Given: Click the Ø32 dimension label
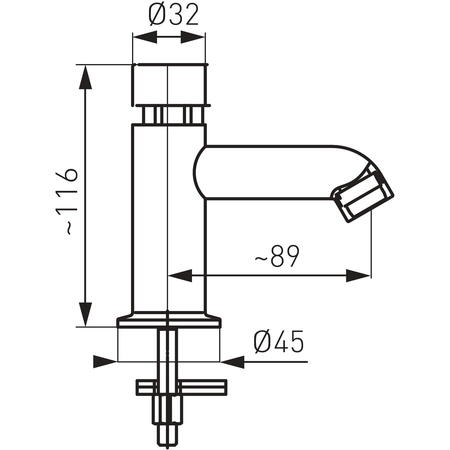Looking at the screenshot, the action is [174, 16].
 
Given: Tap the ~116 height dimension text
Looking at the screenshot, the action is [67, 202].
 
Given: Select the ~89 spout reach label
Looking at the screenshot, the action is [277, 256].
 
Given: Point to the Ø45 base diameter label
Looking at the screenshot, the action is [279, 342].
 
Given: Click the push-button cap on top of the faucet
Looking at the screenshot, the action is [170, 85].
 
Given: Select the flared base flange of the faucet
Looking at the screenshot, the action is [169, 320].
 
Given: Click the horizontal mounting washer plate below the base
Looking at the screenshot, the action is [182, 387].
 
